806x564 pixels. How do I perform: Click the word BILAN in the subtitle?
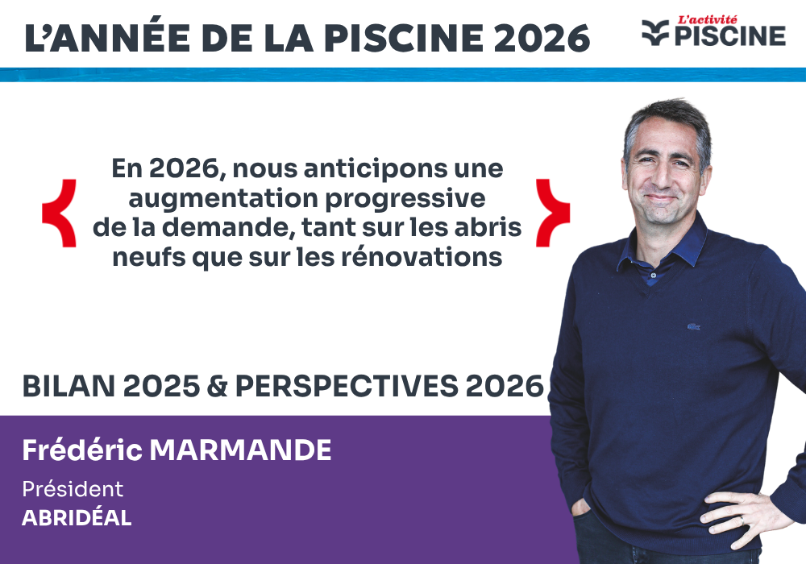[x=68, y=387]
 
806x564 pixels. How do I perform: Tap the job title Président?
[x=73, y=489]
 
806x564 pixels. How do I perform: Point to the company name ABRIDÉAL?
[x=77, y=518]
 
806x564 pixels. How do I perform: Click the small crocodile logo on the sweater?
[x=692, y=327]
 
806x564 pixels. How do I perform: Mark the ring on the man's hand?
[x=743, y=521]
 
